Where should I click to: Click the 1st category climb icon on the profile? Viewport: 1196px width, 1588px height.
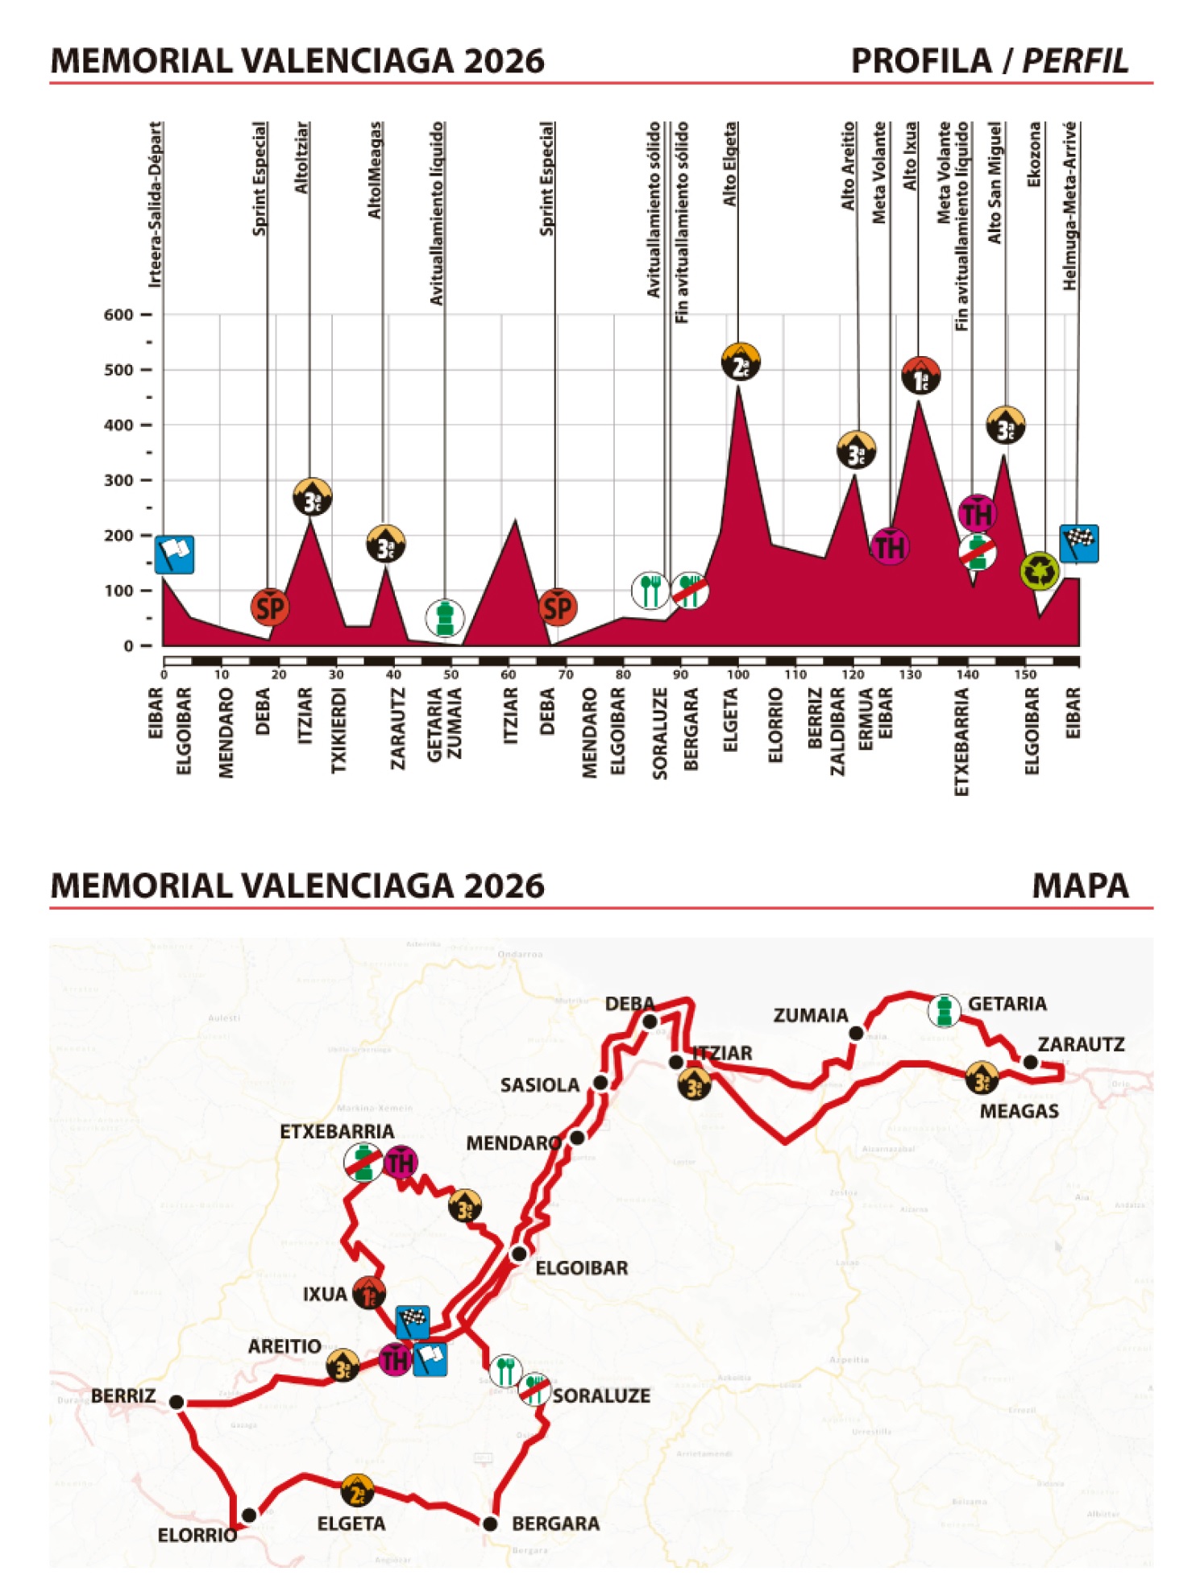[920, 375]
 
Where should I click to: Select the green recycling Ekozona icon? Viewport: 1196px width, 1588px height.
[1040, 570]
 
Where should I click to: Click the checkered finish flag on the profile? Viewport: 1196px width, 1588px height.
[1078, 544]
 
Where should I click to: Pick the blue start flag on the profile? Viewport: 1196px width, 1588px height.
[174, 554]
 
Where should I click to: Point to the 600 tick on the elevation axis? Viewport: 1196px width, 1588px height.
[118, 315]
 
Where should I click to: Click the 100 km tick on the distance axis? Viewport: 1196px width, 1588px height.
[737, 674]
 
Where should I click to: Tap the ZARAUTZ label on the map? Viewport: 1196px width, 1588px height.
[1081, 1045]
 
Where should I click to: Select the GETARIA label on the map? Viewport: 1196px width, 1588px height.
[1007, 1004]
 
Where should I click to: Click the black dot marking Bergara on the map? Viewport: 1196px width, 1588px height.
[490, 1524]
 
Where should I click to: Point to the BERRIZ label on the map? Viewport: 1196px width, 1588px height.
[123, 1395]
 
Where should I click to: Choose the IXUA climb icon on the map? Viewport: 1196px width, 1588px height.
[368, 1293]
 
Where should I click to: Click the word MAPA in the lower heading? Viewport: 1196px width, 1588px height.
[1080, 885]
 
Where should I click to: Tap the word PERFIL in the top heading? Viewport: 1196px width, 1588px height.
[1075, 61]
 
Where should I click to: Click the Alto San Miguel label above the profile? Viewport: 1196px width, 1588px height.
[995, 183]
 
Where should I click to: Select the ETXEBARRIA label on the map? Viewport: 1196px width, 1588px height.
[337, 1132]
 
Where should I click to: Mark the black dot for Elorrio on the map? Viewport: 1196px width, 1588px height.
[250, 1515]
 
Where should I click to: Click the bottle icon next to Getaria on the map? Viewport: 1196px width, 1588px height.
[944, 1010]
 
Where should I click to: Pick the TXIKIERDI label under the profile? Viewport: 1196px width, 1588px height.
[338, 730]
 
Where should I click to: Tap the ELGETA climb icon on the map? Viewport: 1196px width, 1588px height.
[357, 1491]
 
